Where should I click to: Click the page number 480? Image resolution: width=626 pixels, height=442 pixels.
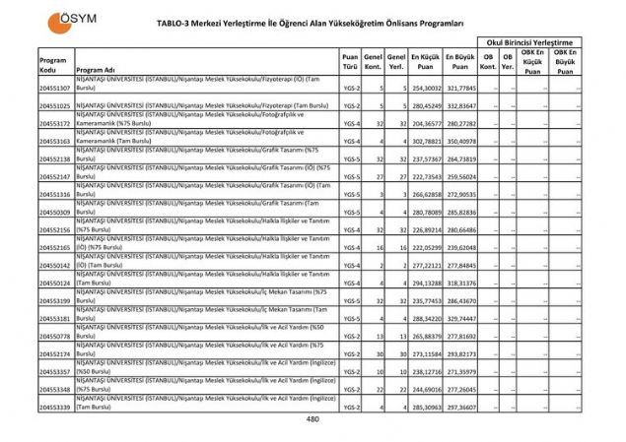pos(313,420)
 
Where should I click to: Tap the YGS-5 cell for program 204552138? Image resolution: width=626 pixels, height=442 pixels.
pos(349,158)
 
